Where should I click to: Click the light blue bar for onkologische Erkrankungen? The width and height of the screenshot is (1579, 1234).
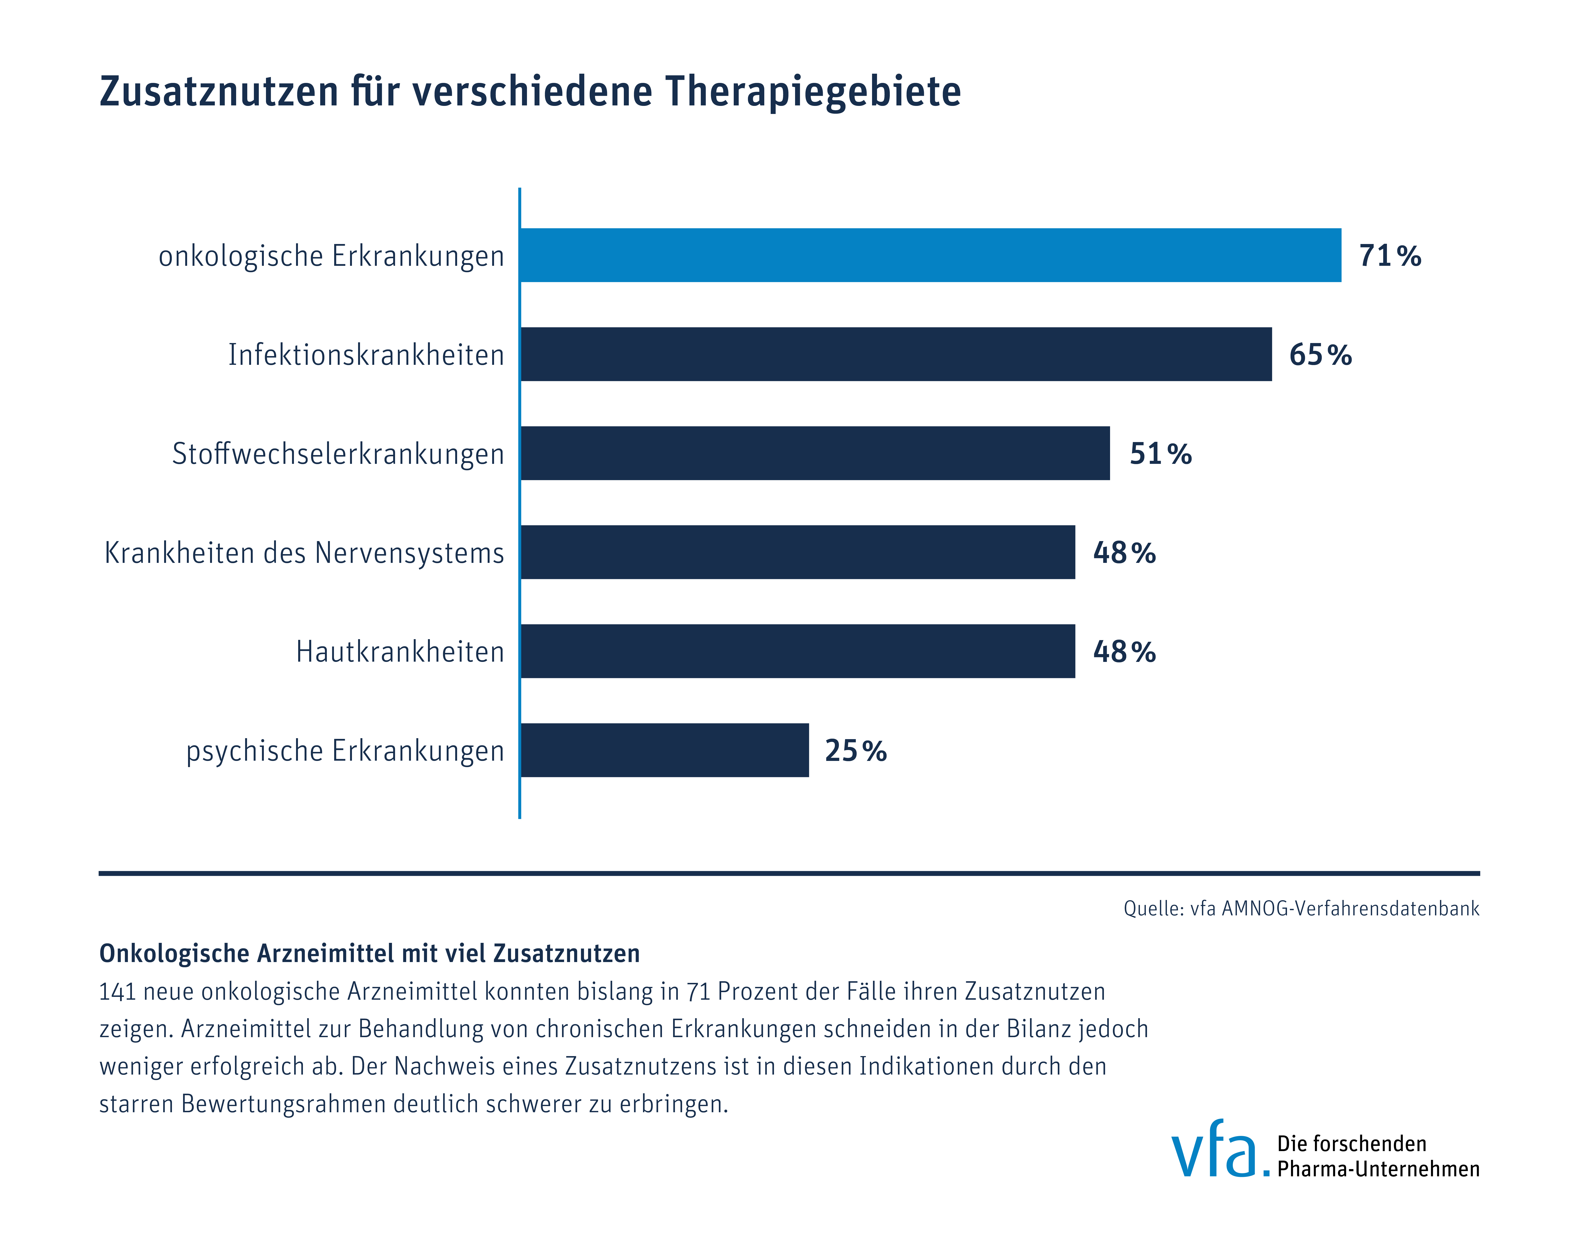coord(931,255)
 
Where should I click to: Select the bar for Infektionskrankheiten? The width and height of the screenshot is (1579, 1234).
coord(896,354)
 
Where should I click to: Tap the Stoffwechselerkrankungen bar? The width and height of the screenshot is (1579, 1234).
coord(815,453)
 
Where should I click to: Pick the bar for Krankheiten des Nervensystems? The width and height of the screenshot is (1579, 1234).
coord(797,553)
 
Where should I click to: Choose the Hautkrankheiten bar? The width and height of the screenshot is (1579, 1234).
coord(797,652)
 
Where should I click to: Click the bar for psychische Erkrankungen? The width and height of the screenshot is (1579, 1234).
coord(664,751)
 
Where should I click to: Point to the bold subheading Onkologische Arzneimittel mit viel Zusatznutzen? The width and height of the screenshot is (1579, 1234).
coord(369,953)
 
